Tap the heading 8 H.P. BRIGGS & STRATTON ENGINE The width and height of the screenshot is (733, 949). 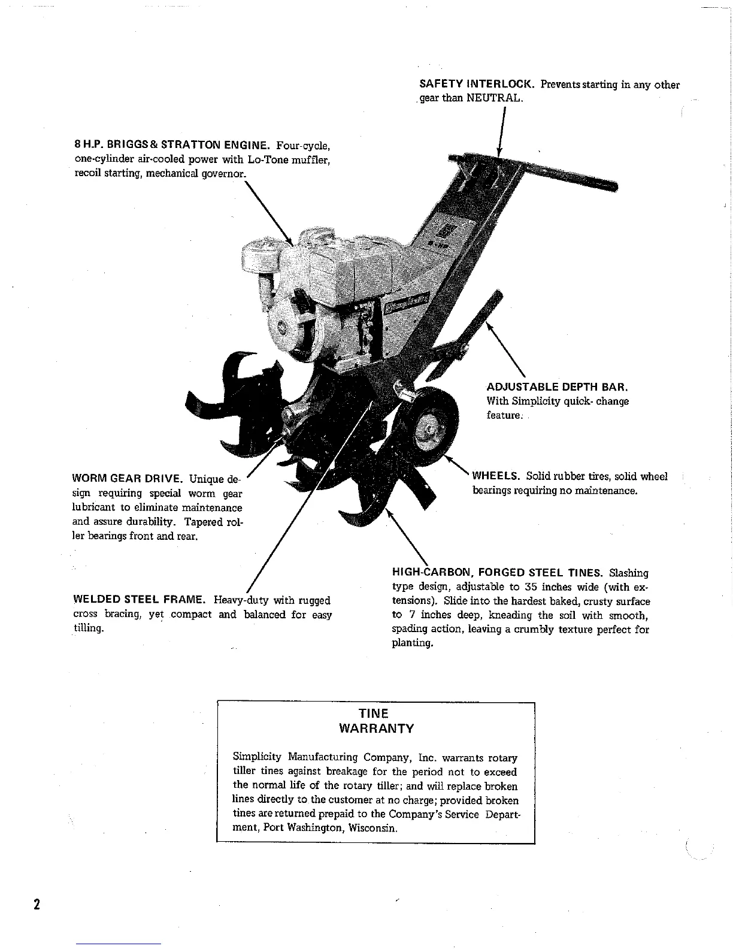pos(171,145)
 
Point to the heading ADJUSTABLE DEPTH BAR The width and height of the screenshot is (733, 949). pos(557,386)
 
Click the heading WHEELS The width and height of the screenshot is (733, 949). pos(495,476)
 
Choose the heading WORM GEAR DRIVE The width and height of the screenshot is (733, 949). pos(127,479)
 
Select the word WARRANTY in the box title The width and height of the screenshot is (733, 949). pos(376,729)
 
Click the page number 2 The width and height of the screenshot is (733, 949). pos(37,904)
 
